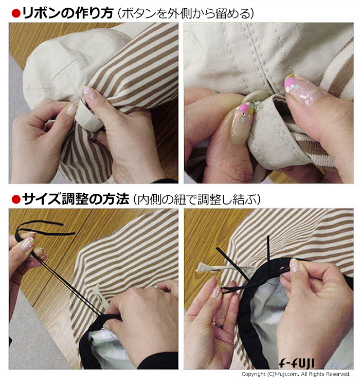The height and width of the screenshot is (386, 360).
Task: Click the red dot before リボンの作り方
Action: click(16, 14)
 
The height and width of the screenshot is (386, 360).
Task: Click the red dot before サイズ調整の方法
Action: click(16, 199)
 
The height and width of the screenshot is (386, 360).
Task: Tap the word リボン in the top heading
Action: click(41, 13)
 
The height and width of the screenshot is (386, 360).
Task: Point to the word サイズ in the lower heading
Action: click(41, 199)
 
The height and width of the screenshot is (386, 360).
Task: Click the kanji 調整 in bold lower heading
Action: click(75, 199)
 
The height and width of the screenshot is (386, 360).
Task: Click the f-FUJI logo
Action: click(296, 363)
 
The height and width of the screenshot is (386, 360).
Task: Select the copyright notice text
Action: click(296, 374)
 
